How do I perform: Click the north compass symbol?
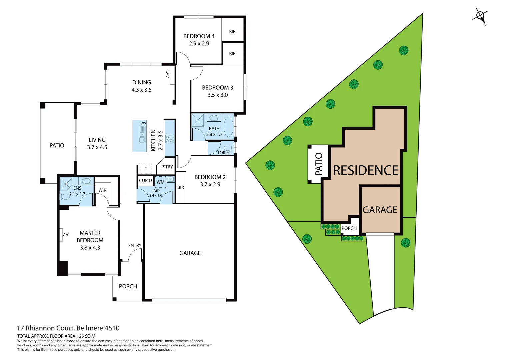click(x=480, y=16)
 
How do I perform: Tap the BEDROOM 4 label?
click(x=199, y=36)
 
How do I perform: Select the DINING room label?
click(x=141, y=82)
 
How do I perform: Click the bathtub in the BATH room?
click(x=228, y=127)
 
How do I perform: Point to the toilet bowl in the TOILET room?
click(x=229, y=147)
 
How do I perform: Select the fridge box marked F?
click(x=145, y=169)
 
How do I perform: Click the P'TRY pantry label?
click(x=167, y=167)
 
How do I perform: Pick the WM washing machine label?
click(x=161, y=182)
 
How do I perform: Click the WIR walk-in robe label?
click(x=102, y=190)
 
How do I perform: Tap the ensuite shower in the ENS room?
click(x=66, y=184)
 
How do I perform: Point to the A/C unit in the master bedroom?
click(x=61, y=234)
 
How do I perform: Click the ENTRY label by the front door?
click(x=135, y=245)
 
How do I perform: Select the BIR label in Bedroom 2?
click(x=181, y=187)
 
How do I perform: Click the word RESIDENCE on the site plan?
click(x=366, y=170)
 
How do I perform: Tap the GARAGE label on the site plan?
click(x=380, y=210)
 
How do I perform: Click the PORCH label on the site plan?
click(x=349, y=228)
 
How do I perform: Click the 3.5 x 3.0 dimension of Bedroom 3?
click(x=217, y=95)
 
